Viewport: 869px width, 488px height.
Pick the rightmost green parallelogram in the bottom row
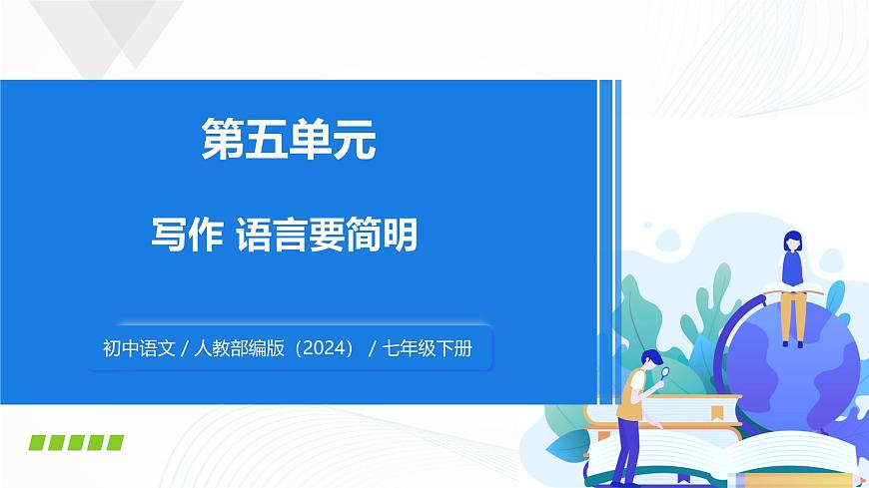(115, 442)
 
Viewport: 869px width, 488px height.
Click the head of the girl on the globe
(792, 241)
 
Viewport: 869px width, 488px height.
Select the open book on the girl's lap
(793, 290)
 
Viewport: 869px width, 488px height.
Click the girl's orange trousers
(793, 314)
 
